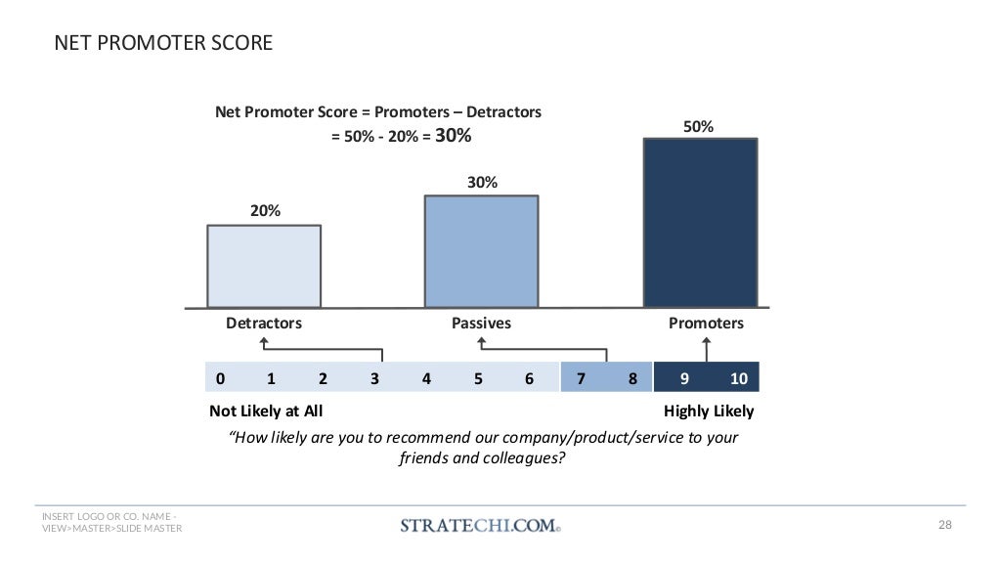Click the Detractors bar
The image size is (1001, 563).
pyautogui.click(x=264, y=266)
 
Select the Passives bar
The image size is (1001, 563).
pyautogui.click(x=481, y=251)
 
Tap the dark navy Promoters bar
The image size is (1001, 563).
pyautogui.click(x=700, y=223)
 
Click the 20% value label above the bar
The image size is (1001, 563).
pyautogui.click(x=265, y=210)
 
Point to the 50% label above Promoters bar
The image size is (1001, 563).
pyautogui.click(x=698, y=127)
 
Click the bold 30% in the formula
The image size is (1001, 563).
pyautogui.click(x=453, y=137)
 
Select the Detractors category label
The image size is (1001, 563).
pyautogui.click(x=264, y=323)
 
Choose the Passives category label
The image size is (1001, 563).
pyautogui.click(x=481, y=323)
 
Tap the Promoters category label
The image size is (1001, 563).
pyautogui.click(x=706, y=323)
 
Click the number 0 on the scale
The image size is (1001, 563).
pyautogui.click(x=221, y=378)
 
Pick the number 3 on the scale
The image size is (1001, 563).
pyautogui.click(x=374, y=378)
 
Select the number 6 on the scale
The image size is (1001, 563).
pyautogui.click(x=529, y=378)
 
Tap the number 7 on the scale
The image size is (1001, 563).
pyautogui.click(x=582, y=378)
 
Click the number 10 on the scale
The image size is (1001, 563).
pyautogui.click(x=738, y=378)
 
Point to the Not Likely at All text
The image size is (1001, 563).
pyautogui.click(x=266, y=411)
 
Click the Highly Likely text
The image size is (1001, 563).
pyautogui.click(x=709, y=411)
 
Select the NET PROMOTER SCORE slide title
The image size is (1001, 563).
pyautogui.click(x=162, y=44)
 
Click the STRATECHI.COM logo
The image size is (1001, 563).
pyautogui.click(x=480, y=525)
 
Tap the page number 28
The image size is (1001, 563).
pyautogui.click(x=944, y=526)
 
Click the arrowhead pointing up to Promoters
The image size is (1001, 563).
pyautogui.click(x=706, y=341)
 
